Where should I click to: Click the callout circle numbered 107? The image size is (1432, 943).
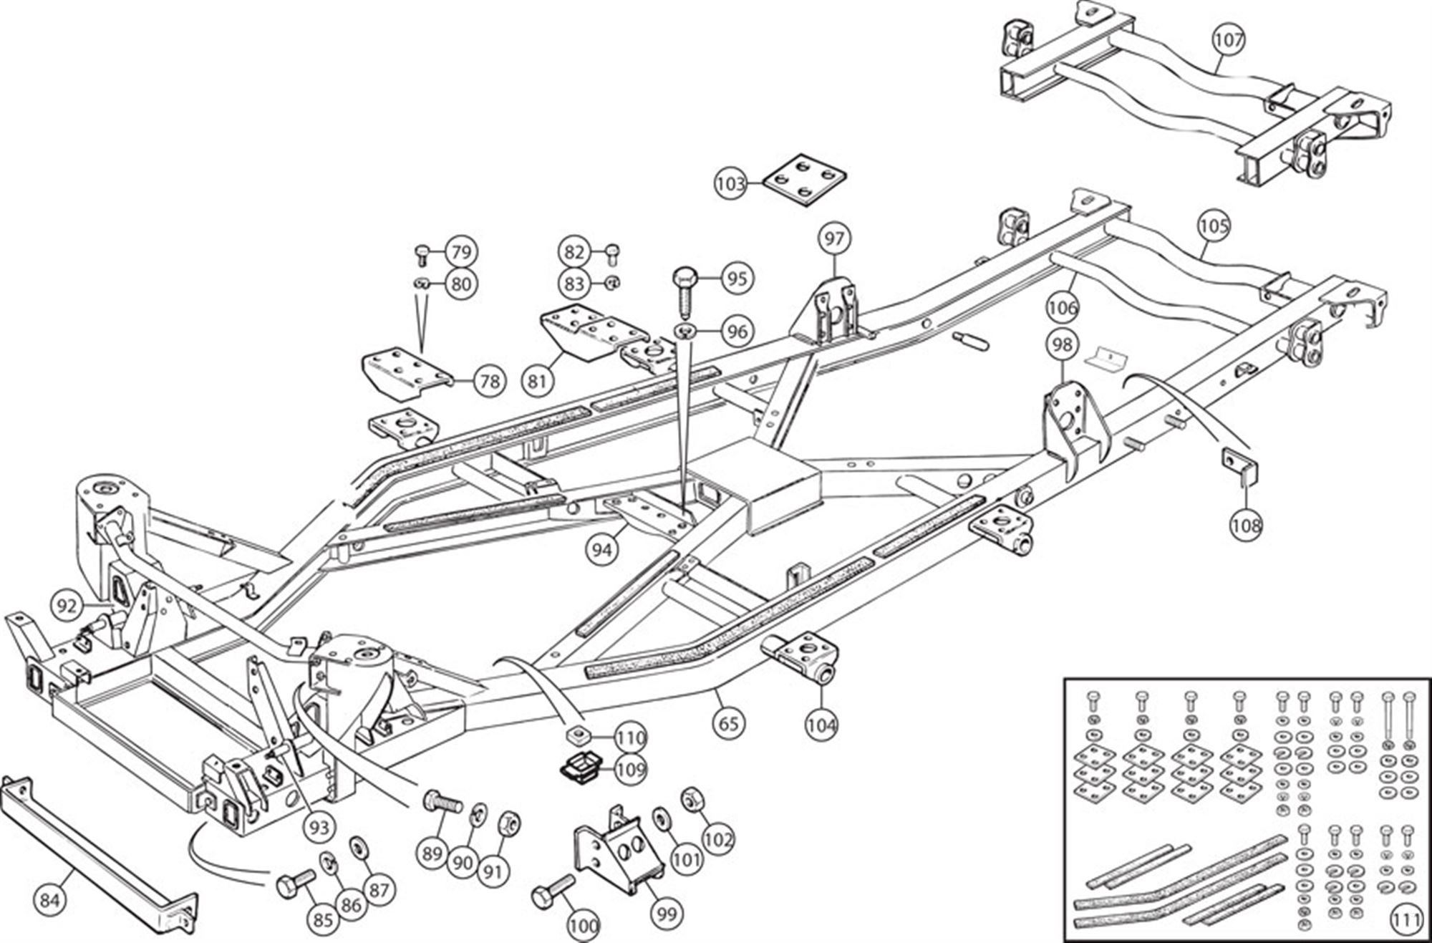[x=1229, y=40]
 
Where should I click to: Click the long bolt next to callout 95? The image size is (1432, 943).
[x=687, y=291]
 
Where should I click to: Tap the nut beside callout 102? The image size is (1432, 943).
[x=692, y=798]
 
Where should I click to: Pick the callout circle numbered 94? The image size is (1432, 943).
[x=602, y=550]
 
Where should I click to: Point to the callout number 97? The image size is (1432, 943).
[x=834, y=238]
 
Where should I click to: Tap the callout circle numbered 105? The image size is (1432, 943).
[x=1214, y=226]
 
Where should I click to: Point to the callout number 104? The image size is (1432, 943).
[x=821, y=725]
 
